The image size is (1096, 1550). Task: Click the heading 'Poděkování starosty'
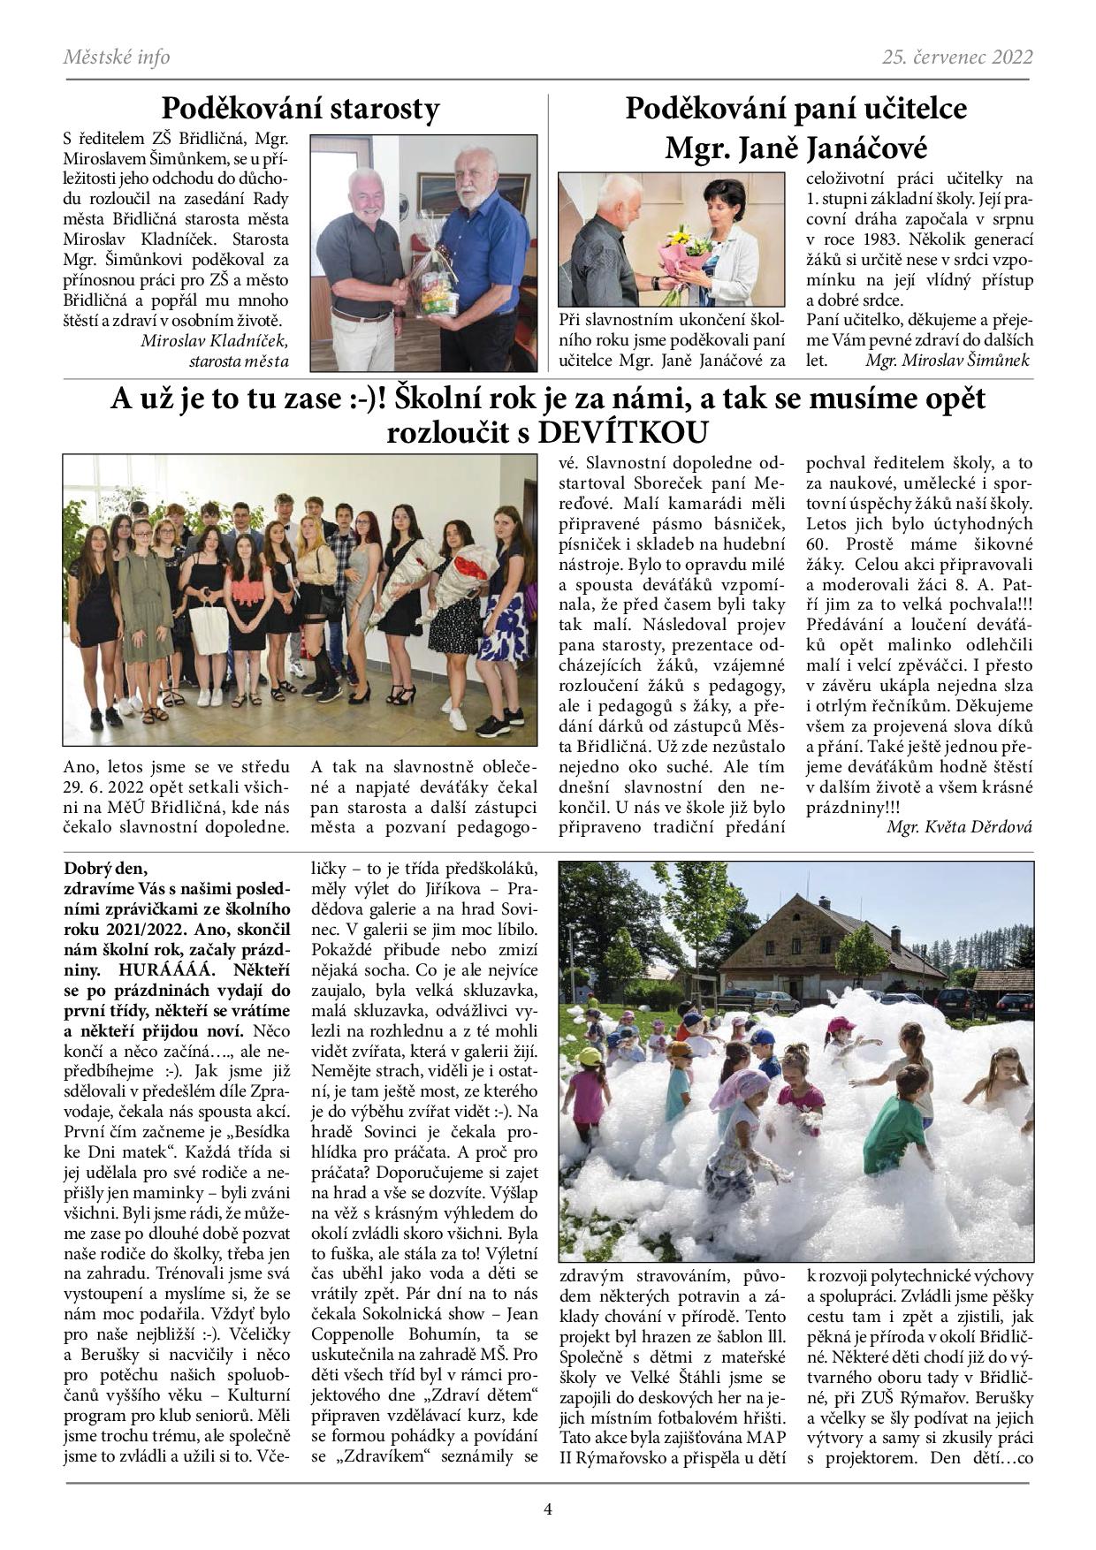(300, 110)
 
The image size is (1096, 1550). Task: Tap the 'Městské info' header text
(117, 57)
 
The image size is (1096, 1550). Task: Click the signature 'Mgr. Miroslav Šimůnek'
(948, 361)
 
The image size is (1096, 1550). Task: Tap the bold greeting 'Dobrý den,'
(102, 868)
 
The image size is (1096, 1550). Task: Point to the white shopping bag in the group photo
(209, 628)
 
